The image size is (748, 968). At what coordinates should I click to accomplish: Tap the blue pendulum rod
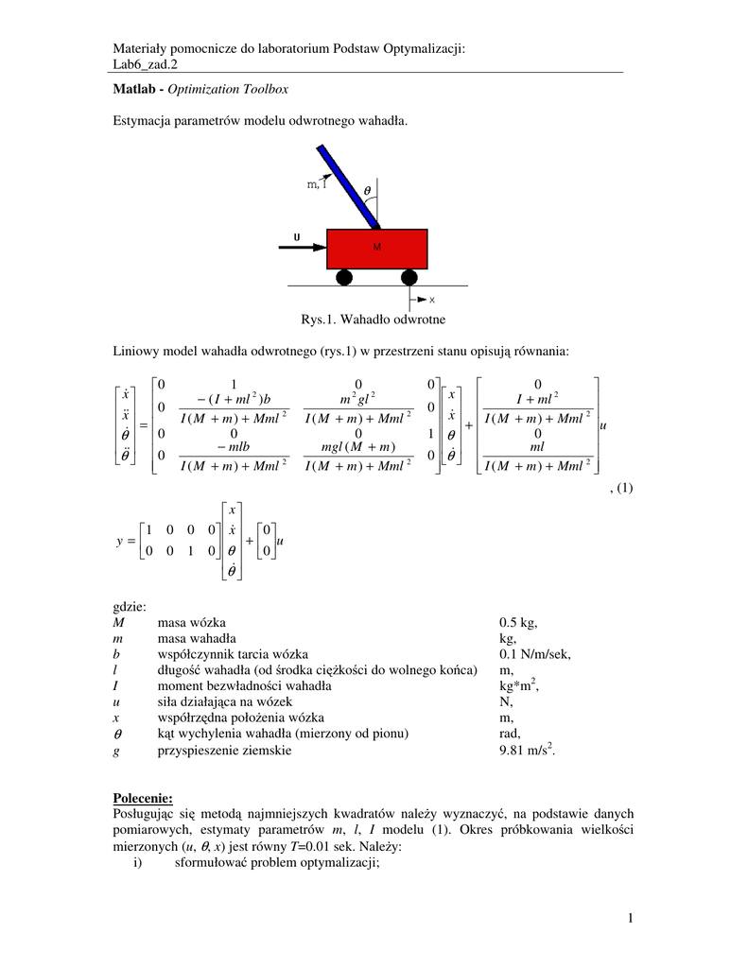348,186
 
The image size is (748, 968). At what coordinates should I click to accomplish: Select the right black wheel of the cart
409,277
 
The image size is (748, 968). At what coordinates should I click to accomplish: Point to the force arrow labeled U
301,248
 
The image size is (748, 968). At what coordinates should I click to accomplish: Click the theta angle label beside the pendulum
368,189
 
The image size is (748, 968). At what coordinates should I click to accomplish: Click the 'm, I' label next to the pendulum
317,185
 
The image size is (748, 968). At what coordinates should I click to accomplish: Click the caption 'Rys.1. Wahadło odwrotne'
373,320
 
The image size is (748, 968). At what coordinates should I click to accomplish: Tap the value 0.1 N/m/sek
535,654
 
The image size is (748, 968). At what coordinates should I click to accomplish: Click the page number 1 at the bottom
629,918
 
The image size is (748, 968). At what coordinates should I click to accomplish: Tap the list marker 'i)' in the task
139,862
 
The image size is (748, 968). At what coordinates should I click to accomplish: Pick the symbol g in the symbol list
116,751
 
